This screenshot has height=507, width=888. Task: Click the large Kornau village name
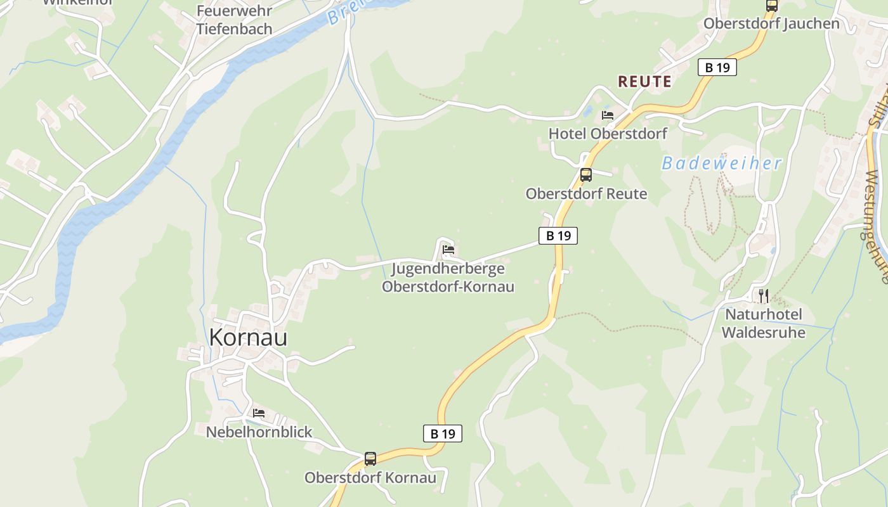(x=248, y=337)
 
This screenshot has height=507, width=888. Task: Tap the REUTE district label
(x=644, y=82)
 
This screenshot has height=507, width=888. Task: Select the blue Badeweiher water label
(x=722, y=164)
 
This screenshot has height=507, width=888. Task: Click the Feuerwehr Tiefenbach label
(x=234, y=20)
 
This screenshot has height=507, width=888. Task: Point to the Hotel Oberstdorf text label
(x=608, y=134)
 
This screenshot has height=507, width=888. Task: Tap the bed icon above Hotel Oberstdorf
(x=608, y=115)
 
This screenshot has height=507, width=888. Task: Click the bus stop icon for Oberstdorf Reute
(x=586, y=175)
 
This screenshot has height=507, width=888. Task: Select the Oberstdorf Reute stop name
(x=586, y=194)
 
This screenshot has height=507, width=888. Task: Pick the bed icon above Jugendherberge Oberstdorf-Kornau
(x=448, y=249)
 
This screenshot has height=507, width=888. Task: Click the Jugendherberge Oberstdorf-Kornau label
(x=448, y=278)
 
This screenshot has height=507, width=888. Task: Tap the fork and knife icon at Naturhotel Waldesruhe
(x=764, y=295)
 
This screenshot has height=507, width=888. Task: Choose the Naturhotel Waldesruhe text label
(x=764, y=323)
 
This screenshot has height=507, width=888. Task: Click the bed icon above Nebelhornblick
(x=259, y=413)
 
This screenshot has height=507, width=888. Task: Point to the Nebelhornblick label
(x=259, y=432)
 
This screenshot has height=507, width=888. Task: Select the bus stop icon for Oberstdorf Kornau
(x=370, y=459)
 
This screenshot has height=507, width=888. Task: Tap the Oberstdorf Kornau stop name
(x=370, y=478)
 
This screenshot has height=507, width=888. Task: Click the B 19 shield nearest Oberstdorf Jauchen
(x=717, y=67)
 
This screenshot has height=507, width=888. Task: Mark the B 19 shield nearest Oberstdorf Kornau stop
(x=443, y=433)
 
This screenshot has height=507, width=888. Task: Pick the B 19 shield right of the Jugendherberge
(x=558, y=236)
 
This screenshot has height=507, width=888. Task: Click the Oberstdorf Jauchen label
(x=771, y=24)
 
